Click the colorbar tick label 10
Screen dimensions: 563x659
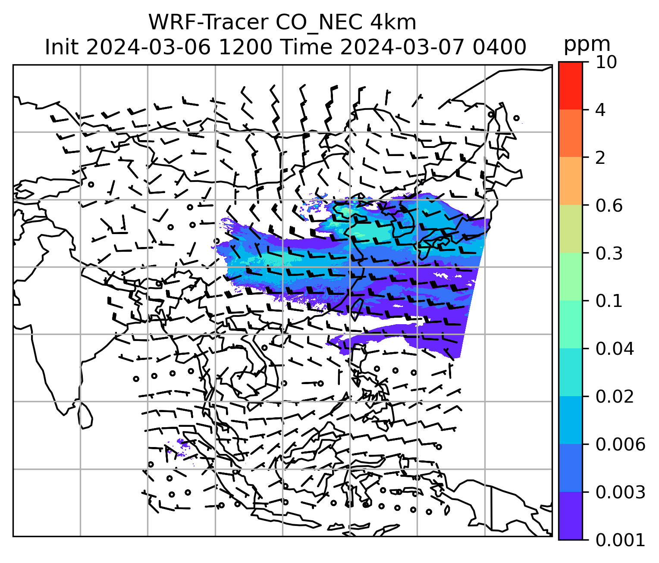(606, 63)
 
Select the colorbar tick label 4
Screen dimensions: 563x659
(600, 110)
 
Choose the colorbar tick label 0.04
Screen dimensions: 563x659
(615, 349)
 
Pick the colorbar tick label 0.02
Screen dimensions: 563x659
(615, 397)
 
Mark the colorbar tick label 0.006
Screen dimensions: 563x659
(620, 444)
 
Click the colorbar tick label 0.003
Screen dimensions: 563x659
(620, 492)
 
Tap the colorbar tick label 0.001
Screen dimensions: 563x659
(620, 539)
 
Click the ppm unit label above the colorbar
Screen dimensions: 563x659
(587, 44)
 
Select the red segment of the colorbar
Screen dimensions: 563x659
(570, 85)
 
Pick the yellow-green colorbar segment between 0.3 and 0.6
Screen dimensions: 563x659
(570, 229)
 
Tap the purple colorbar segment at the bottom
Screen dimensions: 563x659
(570, 516)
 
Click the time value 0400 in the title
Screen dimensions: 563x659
(499, 47)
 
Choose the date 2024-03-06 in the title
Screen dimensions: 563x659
(148, 47)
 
